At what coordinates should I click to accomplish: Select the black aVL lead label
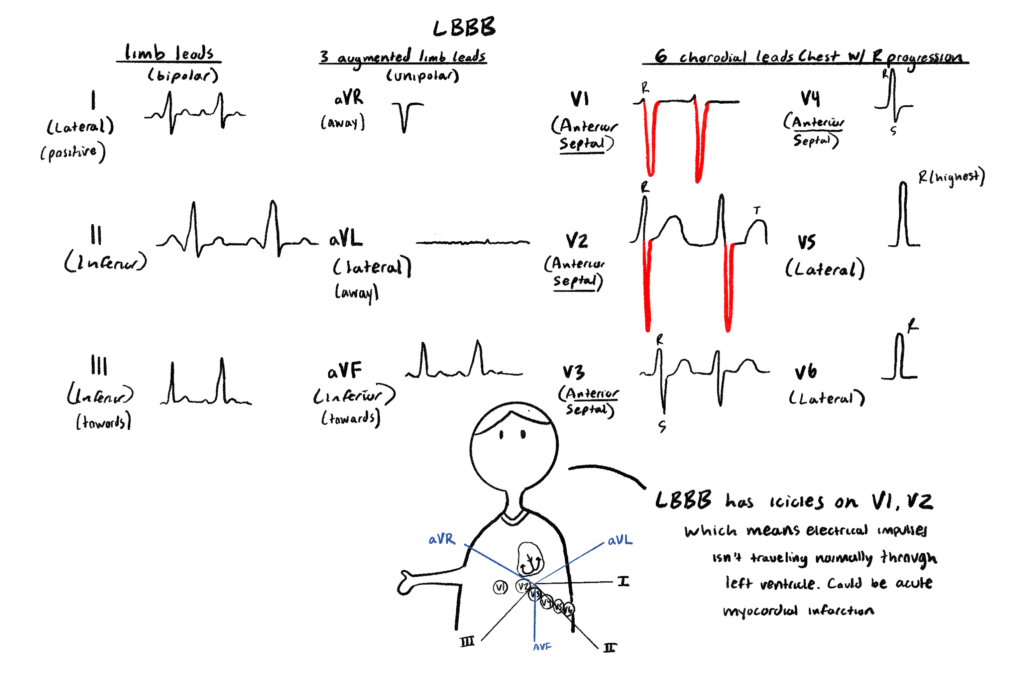[346, 238]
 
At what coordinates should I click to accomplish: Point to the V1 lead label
[580, 100]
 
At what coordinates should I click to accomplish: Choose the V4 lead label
[810, 98]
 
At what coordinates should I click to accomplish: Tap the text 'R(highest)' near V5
[951, 176]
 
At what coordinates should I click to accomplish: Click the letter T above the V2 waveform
[757, 211]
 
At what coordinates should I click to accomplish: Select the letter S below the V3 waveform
[662, 427]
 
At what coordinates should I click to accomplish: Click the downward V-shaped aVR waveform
[405, 116]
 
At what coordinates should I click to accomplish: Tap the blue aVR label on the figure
[442, 539]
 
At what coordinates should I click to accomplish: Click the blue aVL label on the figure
[620, 540]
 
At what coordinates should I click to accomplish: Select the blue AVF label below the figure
[542, 647]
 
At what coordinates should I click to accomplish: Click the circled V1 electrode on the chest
[501, 587]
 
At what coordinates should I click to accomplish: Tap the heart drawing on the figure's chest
[530, 559]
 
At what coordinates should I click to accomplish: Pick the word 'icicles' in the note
[797, 501]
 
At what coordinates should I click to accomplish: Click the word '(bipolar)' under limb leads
[183, 76]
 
